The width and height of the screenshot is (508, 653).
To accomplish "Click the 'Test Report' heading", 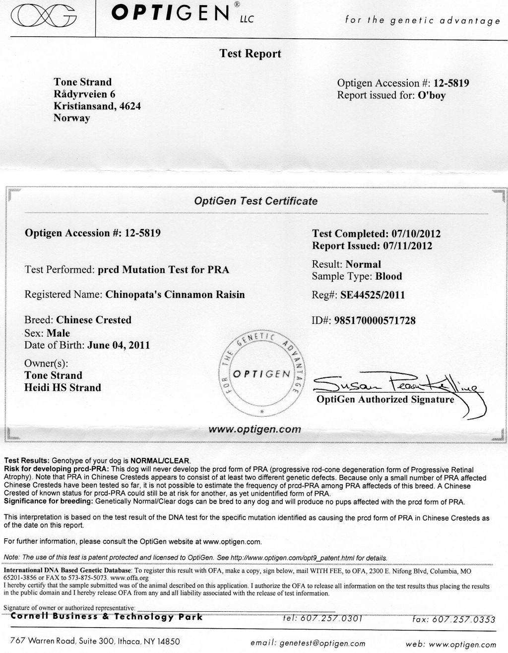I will tap(250, 54).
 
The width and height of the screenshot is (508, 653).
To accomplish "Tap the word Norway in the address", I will tap(72, 118).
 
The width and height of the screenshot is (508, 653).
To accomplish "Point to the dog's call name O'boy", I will tap(431, 95).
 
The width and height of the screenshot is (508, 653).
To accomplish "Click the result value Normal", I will tap(363, 264).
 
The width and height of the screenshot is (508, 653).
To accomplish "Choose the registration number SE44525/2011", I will tap(373, 295).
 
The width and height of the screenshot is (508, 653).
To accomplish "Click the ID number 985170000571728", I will tap(378, 321).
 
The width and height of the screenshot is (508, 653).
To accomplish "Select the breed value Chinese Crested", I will tap(94, 320).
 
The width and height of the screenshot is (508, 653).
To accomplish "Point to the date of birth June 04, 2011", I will tap(118, 345).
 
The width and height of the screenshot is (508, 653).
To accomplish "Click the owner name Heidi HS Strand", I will tap(63, 387).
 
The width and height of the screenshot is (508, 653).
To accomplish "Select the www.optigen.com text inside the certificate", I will tap(255, 429).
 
